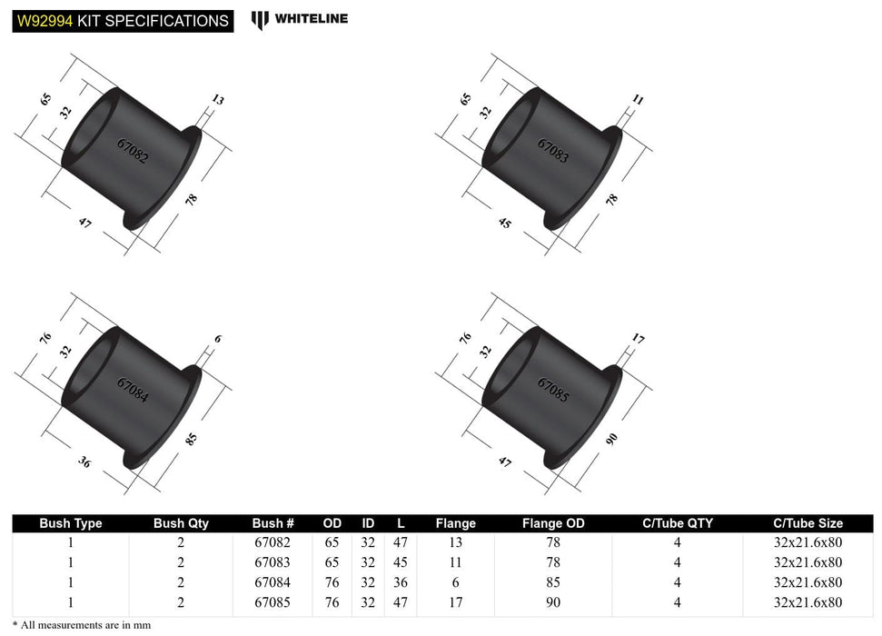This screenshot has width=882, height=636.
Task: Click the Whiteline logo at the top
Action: tap(300, 18)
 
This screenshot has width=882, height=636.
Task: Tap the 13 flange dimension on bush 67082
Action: tap(218, 100)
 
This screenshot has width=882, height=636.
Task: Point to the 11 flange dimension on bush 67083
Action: tap(637, 100)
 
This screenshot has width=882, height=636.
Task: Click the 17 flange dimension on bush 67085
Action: tap(639, 340)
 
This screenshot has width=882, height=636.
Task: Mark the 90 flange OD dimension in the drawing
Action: tap(611, 440)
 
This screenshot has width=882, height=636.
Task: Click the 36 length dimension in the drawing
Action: tap(84, 463)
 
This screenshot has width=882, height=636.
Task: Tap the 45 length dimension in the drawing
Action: tap(506, 222)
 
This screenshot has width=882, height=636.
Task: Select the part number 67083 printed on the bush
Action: tap(553, 150)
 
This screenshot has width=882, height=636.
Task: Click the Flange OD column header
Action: tap(553, 523)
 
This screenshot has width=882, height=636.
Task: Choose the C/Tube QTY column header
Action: tap(678, 523)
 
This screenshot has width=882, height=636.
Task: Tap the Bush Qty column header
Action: tap(181, 523)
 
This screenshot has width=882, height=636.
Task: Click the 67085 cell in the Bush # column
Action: tap(273, 601)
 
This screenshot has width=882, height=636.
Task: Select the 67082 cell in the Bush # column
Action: tap(273, 542)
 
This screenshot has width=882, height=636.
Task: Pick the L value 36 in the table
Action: tap(401, 582)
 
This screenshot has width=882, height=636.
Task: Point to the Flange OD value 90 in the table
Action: tap(553, 601)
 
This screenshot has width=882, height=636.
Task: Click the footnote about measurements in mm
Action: tap(83, 625)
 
